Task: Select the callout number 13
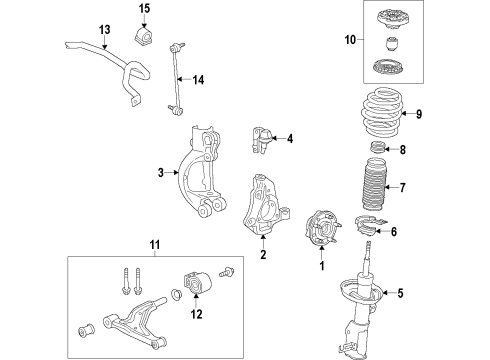point(104,30)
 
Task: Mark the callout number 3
point(161,173)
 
